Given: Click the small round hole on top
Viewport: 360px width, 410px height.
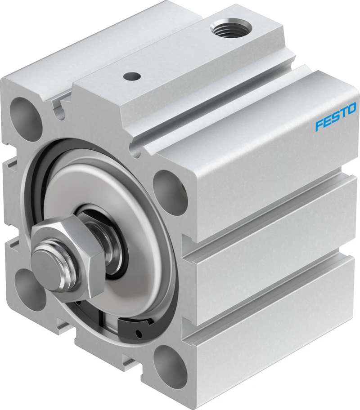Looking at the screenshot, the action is [x=131, y=76].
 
